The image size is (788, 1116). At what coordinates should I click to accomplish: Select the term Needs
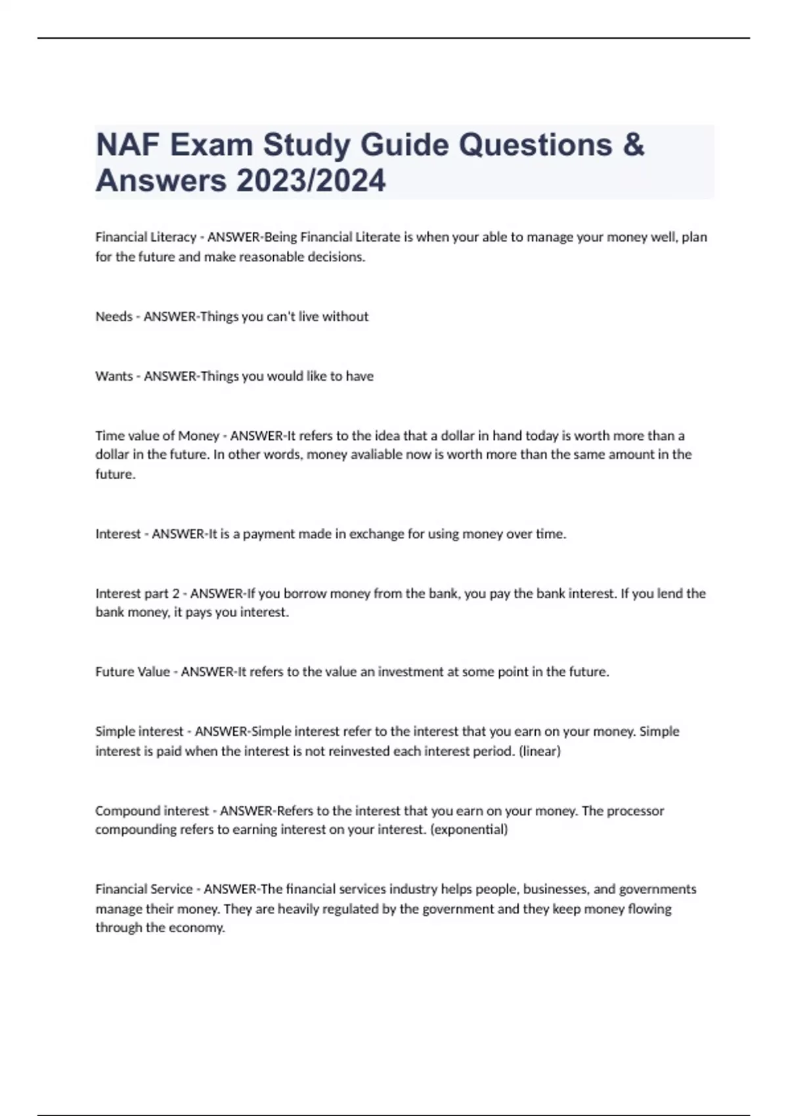coord(114,316)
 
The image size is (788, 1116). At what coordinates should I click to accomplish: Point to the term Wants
coord(114,376)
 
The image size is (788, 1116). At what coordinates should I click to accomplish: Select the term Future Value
coord(133,672)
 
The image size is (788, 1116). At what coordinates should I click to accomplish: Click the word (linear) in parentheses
coord(539,750)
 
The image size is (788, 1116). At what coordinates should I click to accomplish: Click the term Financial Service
coord(144,889)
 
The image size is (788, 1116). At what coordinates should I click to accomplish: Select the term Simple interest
coord(139,731)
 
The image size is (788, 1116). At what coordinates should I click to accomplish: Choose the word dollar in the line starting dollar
coord(112,454)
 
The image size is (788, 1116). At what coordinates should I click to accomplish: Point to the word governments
coord(657,889)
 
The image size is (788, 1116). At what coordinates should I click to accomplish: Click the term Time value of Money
coord(157,436)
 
